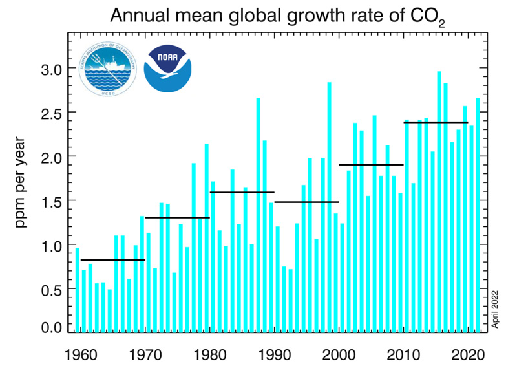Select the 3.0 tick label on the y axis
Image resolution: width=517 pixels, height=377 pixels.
48,69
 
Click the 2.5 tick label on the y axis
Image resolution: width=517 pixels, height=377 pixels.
48,113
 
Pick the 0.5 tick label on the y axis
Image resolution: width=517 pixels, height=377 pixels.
48,290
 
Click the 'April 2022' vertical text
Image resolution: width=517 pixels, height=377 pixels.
496,309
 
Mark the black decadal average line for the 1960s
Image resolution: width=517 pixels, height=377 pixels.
112,260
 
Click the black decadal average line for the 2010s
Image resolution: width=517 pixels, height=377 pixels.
436,122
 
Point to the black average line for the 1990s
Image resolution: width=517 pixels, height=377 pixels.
306,202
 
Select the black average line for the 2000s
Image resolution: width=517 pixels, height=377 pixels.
371,165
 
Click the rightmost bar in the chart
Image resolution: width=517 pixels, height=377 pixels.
478,213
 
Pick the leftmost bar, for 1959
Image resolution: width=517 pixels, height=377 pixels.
78,291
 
